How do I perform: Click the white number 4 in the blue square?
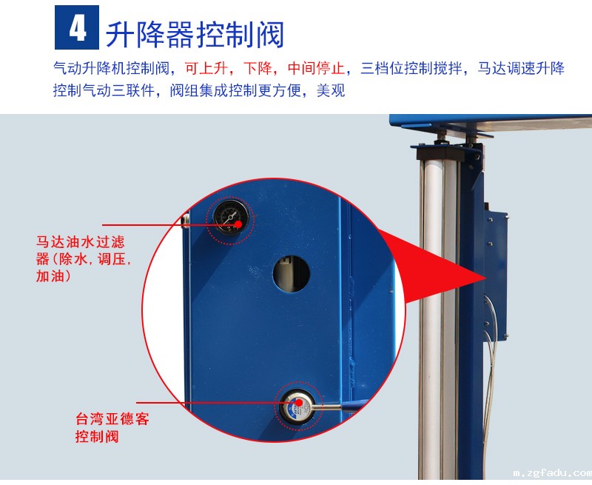(x=78, y=28)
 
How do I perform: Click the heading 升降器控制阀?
(x=195, y=35)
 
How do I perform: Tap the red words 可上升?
(x=206, y=68)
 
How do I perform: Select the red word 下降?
(x=258, y=68)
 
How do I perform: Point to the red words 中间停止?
(x=316, y=68)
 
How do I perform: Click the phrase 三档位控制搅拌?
(x=411, y=68)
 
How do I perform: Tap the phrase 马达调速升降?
(x=521, y=68)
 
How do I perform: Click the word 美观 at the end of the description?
(x=331, y=90)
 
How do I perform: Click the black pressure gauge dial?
(x=231, y=218)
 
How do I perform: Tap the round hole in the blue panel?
(x=292, y=273)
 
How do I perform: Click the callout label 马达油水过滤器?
(x=83, y=259)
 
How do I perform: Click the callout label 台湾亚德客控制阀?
(x=112, y=427)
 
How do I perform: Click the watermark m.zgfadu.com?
(x=552, y=472)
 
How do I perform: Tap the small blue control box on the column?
(x=496, y=275)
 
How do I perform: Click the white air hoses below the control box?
(x=488, y=378)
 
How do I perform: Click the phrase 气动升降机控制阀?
(x=111, y=68)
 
